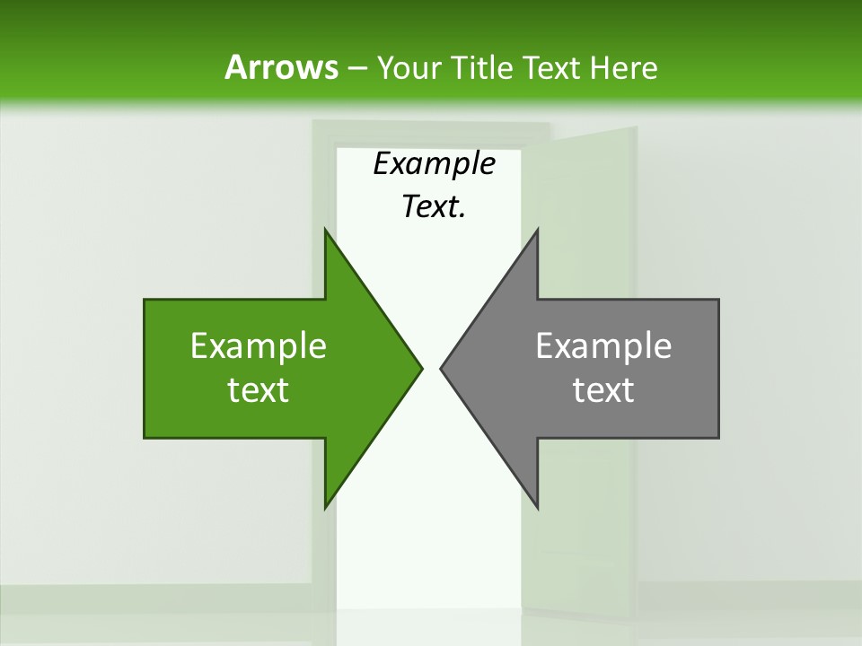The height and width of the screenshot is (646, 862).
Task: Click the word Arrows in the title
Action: click(280, 67)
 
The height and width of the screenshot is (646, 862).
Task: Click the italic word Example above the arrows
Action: click(434, 164)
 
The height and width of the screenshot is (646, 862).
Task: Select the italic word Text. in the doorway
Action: click(434, 207)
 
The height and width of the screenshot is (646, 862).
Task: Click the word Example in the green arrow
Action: click(259, 345)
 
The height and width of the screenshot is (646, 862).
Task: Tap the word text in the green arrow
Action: click(259, 390)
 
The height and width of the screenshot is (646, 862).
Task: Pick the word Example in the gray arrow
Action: click(603, 345)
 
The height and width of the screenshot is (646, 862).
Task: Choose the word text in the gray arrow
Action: click(603, 390)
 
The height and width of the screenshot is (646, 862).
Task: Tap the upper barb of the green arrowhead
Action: click(328, 235)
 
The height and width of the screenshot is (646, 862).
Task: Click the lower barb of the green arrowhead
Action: click(328, 502)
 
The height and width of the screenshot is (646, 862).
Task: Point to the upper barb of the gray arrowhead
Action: click(535, 235)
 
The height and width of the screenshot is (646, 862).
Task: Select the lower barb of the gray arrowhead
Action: click(535, 502)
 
